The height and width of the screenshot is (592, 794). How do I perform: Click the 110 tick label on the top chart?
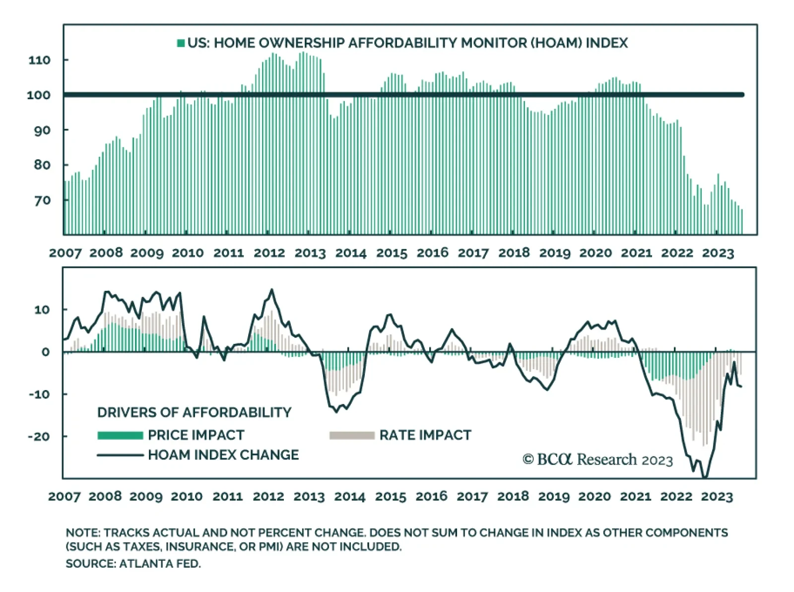click(40, 60)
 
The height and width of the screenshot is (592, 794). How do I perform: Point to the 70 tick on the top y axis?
click(43, 200)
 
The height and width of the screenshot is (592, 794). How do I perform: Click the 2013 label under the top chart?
click(310, 253)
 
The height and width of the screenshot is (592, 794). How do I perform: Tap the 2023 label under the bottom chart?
click(717, 496)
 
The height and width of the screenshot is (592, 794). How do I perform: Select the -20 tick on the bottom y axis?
click(39, 437)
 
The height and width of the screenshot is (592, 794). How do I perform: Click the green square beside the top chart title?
click(181, 43)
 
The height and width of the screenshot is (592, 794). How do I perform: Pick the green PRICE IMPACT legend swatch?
click(120, 435)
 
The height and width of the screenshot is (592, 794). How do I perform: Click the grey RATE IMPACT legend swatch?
click(352, 435)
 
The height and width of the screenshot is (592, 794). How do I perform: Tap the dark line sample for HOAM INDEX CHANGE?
click(120, 455)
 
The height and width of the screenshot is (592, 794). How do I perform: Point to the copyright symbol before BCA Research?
click(528, 460)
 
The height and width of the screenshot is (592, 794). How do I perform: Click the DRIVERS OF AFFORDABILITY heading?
click(194, 412)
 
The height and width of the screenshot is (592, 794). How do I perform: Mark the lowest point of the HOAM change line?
click(704, 477)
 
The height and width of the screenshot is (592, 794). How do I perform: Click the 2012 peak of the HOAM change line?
click(271, 290)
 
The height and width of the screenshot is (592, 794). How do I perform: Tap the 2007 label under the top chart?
click(65, 253)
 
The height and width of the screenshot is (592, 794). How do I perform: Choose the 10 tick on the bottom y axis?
click(42, 310)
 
